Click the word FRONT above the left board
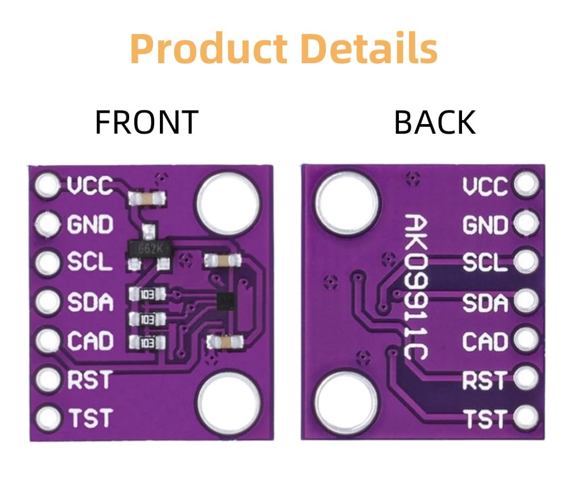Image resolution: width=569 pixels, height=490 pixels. click(147, 122)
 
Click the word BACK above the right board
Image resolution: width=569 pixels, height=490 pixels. click(435, 122)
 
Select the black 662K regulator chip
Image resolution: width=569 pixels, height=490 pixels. click(150, 249)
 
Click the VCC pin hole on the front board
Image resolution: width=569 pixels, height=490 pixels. click(47, 186)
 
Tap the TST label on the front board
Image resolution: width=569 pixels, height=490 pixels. click(90, 418)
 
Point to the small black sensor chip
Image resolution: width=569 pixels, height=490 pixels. click(226, 301)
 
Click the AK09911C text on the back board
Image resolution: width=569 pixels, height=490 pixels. click(417, 286)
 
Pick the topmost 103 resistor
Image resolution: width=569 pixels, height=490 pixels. click(147, 294)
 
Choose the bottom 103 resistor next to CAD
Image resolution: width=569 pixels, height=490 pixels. click(147, 343)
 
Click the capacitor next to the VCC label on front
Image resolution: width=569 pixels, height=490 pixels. click(147, 198)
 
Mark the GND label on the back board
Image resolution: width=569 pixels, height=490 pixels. click(485, 225)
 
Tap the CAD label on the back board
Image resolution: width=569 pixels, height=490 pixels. click(485, 341)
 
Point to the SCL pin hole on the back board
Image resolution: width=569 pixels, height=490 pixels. click(526, 261)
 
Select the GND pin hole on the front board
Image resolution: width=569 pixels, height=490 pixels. click(48, 224)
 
